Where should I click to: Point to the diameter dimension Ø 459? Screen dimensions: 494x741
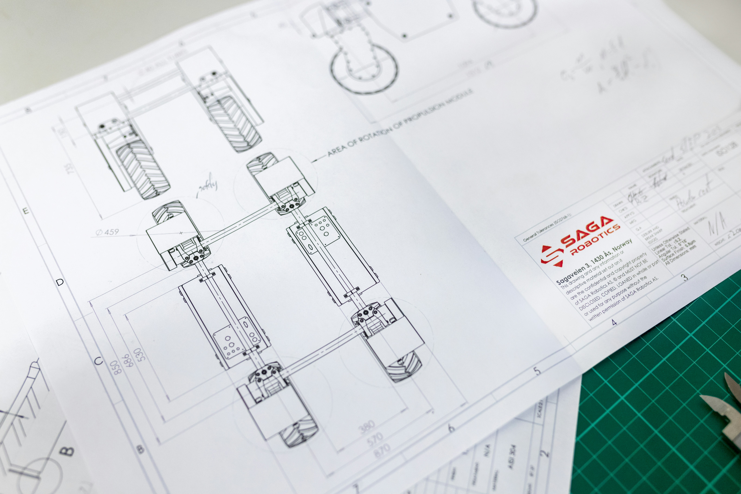click(107, 232)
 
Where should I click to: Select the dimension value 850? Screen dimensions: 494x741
click(117, 367)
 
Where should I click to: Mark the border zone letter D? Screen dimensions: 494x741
click(60, 282)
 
